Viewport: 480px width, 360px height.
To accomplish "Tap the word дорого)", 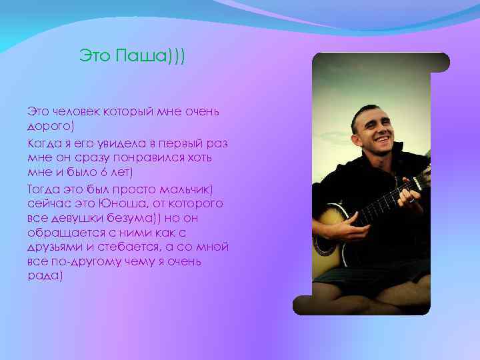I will [51, 124].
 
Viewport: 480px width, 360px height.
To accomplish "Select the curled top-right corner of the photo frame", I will [440, 62].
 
